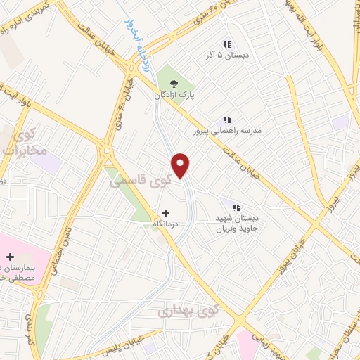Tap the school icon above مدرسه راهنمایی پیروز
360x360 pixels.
click(226, 119)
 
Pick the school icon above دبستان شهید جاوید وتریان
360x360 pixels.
click(236, 207)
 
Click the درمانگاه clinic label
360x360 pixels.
click(167, 224)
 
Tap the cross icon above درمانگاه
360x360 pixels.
click(166, 212)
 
